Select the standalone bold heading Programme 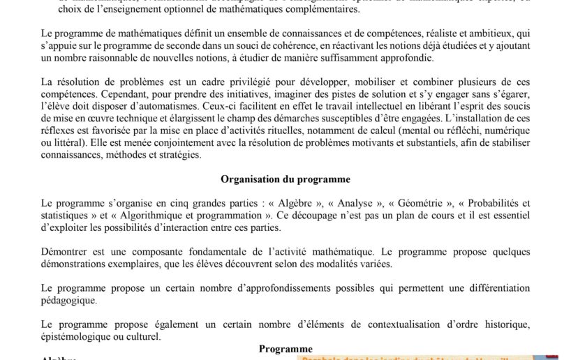[285, 348]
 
